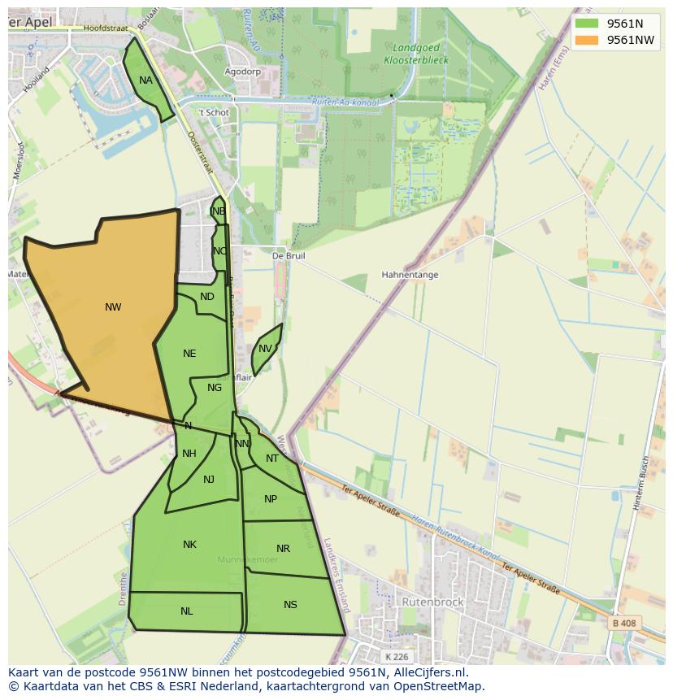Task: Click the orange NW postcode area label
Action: [113, 307]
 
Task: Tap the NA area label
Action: [145, 80]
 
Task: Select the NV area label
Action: [265, 350]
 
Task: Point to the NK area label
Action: [189, 545]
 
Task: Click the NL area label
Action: [187, 611]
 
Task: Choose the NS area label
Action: [290, 605]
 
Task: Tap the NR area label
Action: [283, 549]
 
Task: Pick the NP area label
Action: [271, 499]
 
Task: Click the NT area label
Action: [272, 459]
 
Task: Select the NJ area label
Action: [209, 480]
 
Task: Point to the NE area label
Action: [189, 354]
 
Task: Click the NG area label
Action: [215, 388]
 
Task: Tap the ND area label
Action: [207, 297]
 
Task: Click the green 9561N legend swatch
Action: [586, 24]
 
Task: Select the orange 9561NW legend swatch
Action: [586, 40]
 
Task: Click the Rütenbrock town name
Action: [432, 602]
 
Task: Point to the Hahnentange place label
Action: [410, 275]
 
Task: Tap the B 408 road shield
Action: [623, 624]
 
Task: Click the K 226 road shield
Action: [397, 657]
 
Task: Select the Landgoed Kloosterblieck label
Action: [416, 54]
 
